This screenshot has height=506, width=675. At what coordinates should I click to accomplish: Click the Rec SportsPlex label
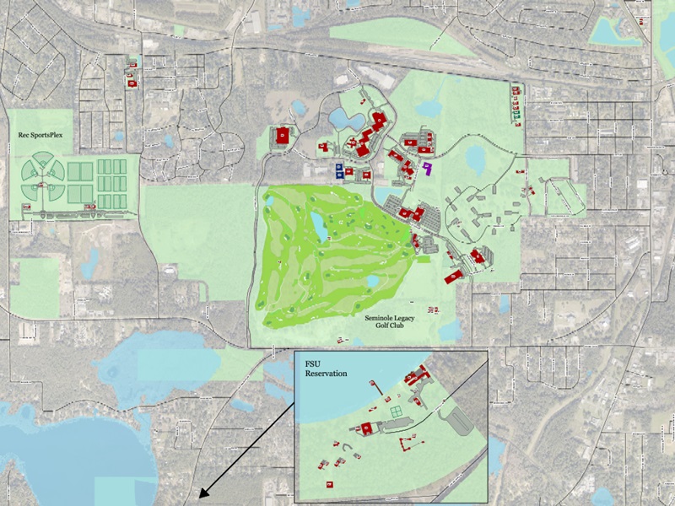(x=40, y=134)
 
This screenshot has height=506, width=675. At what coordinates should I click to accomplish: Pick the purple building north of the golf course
(x=429, y=168)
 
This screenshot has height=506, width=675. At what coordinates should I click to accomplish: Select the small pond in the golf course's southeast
(x=371, y=281)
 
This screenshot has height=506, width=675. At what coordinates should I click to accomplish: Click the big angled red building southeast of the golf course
(x=478, y=256)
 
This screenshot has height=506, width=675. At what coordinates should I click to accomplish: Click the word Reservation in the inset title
(x=326, y=373)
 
